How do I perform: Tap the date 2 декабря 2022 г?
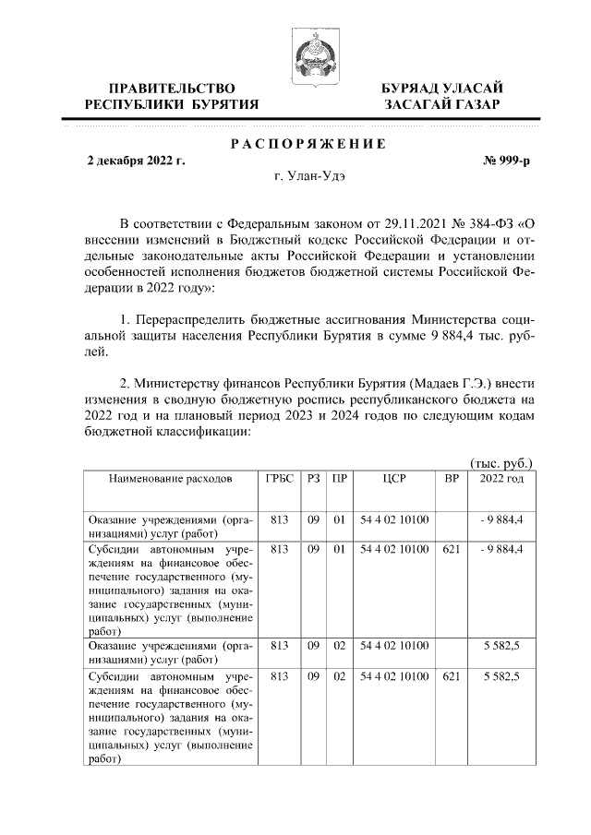coord(136,161)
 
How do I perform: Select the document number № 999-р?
coord(506,161)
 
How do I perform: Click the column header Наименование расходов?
coord(170,480)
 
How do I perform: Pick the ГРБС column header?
coord(278,480)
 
